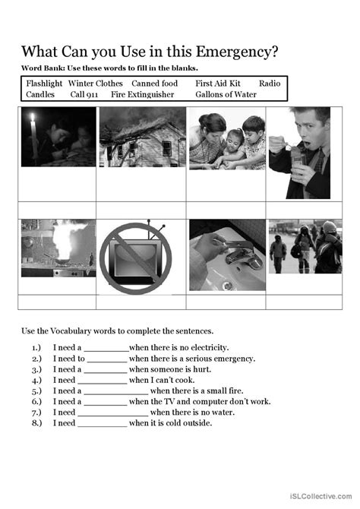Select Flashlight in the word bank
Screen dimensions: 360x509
44,84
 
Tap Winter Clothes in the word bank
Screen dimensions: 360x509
95,84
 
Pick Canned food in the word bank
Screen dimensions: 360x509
154,84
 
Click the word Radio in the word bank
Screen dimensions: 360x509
270,84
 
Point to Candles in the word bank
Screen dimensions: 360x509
41,95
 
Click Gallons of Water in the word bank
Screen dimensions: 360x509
226,95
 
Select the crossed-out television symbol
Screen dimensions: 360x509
142,255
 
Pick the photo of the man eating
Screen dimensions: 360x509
298,152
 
